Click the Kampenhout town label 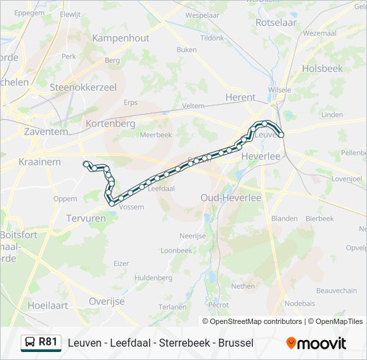point(121,38)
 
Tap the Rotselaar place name point(276,22)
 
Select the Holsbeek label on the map point(322,68)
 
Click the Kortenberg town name point(111,123)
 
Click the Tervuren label point(86,218)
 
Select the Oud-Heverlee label point(231,198)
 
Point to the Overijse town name point(107,301)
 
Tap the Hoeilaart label point(48,305)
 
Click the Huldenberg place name point(153,277)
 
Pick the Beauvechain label point(336,291)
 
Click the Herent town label point(240,97)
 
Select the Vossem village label point(131,207)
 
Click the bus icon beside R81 point(29,343)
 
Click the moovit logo point(316,343)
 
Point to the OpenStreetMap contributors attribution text point(256,321)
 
